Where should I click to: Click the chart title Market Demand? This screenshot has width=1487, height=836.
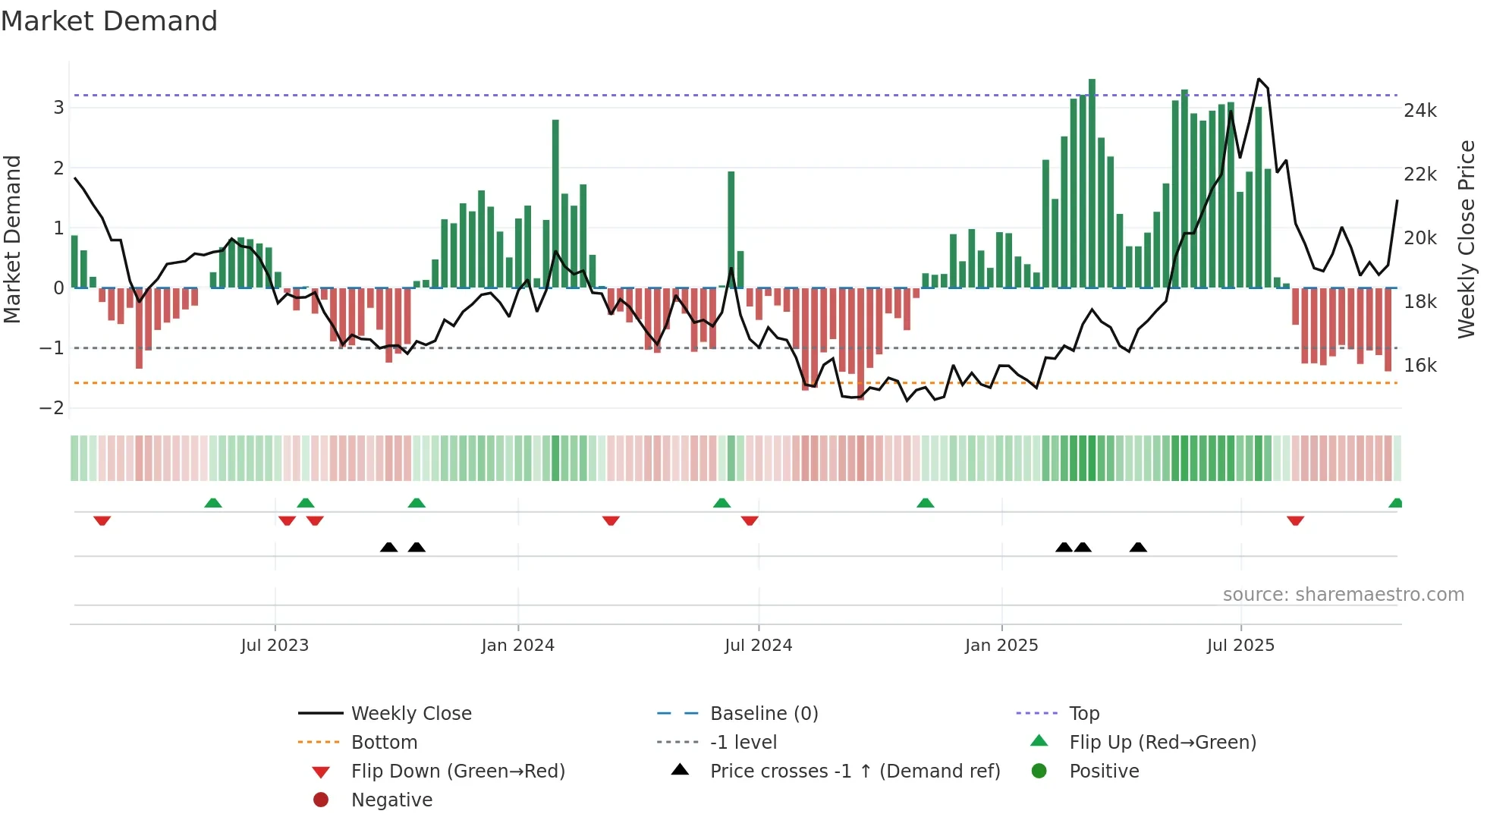pyautogui.click(x=109, y=21)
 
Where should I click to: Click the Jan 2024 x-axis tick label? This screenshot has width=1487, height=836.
pyautogui.click(x=517, y=646)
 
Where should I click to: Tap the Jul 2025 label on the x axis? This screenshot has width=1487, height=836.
pyautogui.click(x=1240, y=646)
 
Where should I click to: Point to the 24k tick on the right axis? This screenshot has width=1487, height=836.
pyautogui.click(x=1419, y=111)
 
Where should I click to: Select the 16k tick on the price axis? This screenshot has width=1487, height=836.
pyautogui.click(x=1419, y=366)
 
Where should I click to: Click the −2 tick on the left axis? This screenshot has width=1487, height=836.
pyautogui.click(x=52, y=408)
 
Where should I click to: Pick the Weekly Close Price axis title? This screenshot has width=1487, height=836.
pyautogui.click(x=1467, y=239)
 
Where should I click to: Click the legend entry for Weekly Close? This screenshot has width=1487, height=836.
pyautogui.click(x=410, y=714)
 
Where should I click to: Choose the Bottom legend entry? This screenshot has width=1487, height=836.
pyautogui.click(x=384, y=743)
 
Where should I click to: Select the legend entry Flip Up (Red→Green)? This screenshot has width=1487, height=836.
pyautogui.click(x=1162, y=743)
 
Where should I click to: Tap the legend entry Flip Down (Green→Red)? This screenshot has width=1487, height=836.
pyautogui.click(x=457, y=772)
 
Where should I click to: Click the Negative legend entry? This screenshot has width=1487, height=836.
pyautogui.click(x=391, y=800)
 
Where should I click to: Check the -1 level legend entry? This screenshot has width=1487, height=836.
pyautogui.click(x=743, y=743)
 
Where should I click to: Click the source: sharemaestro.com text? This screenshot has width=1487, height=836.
pyautogui.click(x=1343, y=595)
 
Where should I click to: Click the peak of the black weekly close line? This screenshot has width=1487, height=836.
pyautogui.click(x=1259, y=79)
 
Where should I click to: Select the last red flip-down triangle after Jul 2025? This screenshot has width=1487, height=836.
pyautogui.click(x=1295, y=520)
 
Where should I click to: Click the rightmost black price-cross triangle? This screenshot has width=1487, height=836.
pyautogui.click(x=1138, y=547)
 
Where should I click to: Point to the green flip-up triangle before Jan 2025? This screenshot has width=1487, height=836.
pyautogui.click(x=925, y=503)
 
